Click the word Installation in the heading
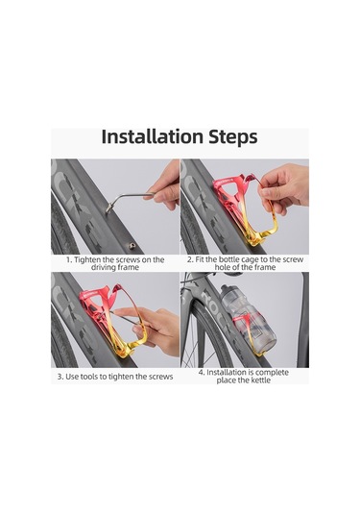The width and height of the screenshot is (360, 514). tap(153, 136)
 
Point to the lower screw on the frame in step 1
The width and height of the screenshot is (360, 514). tap(132, 246)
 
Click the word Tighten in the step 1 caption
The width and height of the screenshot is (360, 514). tap(87, 260)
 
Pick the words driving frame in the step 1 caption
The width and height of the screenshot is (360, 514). tap(115, 267)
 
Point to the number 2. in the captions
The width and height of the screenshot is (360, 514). tap(190, 260)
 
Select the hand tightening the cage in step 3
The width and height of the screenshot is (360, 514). tap(154, 329)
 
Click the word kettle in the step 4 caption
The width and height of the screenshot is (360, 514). tap(261, 380)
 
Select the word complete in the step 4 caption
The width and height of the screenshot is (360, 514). tap(272, 373)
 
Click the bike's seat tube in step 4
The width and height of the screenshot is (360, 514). tap(302, 320)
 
